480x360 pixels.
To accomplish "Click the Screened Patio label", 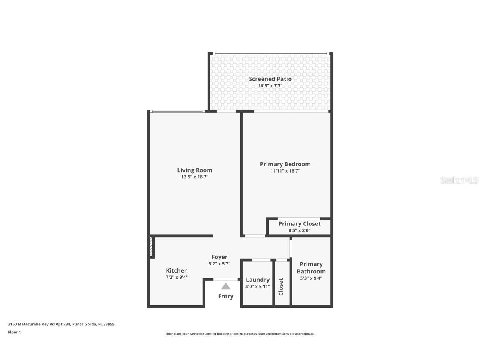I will point(270,79).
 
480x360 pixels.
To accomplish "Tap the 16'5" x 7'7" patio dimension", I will point(270,86).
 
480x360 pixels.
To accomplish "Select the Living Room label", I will point(195,170).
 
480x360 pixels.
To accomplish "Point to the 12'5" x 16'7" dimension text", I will point(195,177).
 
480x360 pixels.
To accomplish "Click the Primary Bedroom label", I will point(285,164).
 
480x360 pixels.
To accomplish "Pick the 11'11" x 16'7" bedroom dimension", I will point(285,171).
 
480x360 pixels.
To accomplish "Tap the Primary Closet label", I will point(299,224).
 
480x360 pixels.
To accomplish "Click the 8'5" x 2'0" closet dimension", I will point(299,230).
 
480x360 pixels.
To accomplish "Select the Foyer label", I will point(219,257).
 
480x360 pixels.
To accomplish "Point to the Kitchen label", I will point(177,270).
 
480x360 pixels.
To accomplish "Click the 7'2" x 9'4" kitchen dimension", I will point(177,277).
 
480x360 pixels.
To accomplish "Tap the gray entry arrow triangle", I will point(226,286).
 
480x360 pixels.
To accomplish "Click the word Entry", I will point(226,296).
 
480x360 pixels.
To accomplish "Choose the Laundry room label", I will point(257,280).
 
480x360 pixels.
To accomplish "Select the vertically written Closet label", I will point(281,287).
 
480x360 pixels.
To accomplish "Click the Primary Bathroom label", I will point(311,267).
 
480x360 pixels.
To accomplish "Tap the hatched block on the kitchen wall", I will point(152,247).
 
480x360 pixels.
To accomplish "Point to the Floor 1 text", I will point(14,332).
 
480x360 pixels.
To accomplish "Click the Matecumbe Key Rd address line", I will point(61,324).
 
